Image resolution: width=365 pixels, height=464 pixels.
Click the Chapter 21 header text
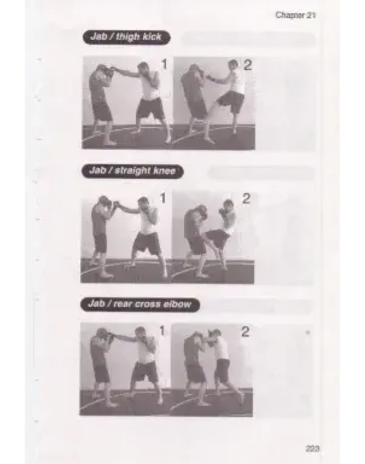[x=295, y=15]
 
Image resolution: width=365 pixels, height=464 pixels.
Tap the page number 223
[x=312, y=449]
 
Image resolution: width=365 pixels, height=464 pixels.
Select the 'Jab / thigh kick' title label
[x=126, y=37]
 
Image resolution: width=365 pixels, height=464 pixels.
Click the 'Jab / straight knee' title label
[x=132, y=171]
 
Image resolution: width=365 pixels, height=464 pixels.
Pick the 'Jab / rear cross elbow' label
[x=140, y=305]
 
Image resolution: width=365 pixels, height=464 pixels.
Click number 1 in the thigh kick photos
[x=164, y=65]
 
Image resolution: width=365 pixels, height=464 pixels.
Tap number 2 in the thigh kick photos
[x=247, y=65]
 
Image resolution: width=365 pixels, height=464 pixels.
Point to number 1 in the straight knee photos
[x=162, y=198]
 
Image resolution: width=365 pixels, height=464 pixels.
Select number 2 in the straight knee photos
[x=246, y=198]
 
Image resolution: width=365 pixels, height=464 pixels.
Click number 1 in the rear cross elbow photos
[x=162, y=331]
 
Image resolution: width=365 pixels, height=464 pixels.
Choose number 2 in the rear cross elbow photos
[x=245, y=332]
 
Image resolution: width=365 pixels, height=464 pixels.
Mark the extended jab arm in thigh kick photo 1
[x=124, y=72]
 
